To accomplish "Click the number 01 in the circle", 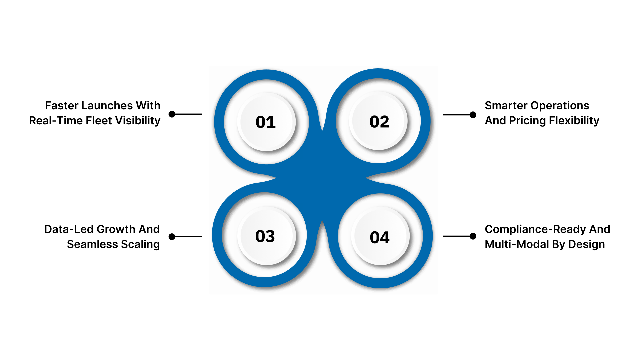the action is point(266,122).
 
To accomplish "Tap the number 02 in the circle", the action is point(379,122).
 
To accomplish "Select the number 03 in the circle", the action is point(265,236).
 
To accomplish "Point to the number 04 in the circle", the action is point(380,237).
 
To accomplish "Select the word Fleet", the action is point(99,121).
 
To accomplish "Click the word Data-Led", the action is point(69,229).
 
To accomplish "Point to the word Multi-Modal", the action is point(517,244).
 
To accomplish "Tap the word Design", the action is point(587,245).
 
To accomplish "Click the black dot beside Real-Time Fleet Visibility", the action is point(172,114).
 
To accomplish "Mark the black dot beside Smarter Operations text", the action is point(473,115).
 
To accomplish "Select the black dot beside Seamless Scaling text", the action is point(172,237).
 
